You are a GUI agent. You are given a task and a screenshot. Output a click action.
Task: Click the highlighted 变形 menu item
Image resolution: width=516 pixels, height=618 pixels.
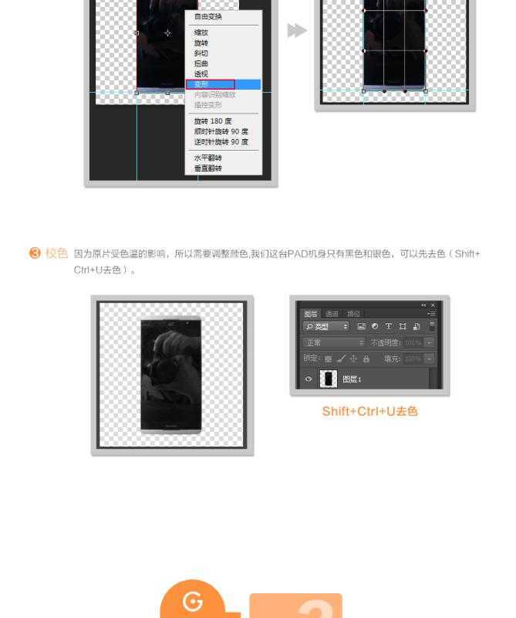(x=201, y=84)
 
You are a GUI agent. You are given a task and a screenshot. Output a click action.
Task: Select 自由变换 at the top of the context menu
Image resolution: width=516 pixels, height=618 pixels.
(x=207, y=16)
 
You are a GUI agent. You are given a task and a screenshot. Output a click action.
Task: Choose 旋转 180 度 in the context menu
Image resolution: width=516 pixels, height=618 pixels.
(x=212, y=121)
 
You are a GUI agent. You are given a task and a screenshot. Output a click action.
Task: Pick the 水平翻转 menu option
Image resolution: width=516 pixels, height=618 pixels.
(x=207, y=158)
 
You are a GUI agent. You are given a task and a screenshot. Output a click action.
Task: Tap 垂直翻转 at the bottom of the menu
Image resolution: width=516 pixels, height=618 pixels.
(x=207, y=168)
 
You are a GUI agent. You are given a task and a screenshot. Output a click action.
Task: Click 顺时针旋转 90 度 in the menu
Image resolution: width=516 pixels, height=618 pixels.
(x=221, y=131)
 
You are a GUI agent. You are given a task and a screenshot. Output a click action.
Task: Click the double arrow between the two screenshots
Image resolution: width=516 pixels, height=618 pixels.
(x=297, y=30)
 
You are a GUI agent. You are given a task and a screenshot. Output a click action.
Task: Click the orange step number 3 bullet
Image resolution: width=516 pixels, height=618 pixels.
(x=35, y=253)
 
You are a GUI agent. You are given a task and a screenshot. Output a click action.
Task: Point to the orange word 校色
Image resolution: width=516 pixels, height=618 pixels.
(x=57, y=253)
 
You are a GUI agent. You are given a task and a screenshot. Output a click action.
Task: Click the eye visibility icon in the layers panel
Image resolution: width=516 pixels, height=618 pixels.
(x=309, y=379)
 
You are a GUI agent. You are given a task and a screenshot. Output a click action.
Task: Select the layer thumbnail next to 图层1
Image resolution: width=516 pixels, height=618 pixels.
(x=329, y=379)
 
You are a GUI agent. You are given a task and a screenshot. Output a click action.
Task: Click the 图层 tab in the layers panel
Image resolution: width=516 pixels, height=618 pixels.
(x=311, y=314)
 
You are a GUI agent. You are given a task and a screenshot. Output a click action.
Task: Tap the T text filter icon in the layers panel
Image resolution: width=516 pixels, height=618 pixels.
(x=389, y=327)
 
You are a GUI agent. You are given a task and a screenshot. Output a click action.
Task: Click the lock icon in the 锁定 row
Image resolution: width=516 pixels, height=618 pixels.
(x=366, y=358)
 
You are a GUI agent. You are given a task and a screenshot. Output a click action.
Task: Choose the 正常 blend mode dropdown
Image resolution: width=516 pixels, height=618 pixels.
(x=334, y=342)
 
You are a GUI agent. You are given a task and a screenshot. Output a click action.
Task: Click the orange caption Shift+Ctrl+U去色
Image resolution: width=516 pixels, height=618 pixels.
(x=369, y=411)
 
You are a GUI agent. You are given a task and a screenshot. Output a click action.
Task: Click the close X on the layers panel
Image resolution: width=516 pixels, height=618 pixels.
(x=433, y=305)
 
